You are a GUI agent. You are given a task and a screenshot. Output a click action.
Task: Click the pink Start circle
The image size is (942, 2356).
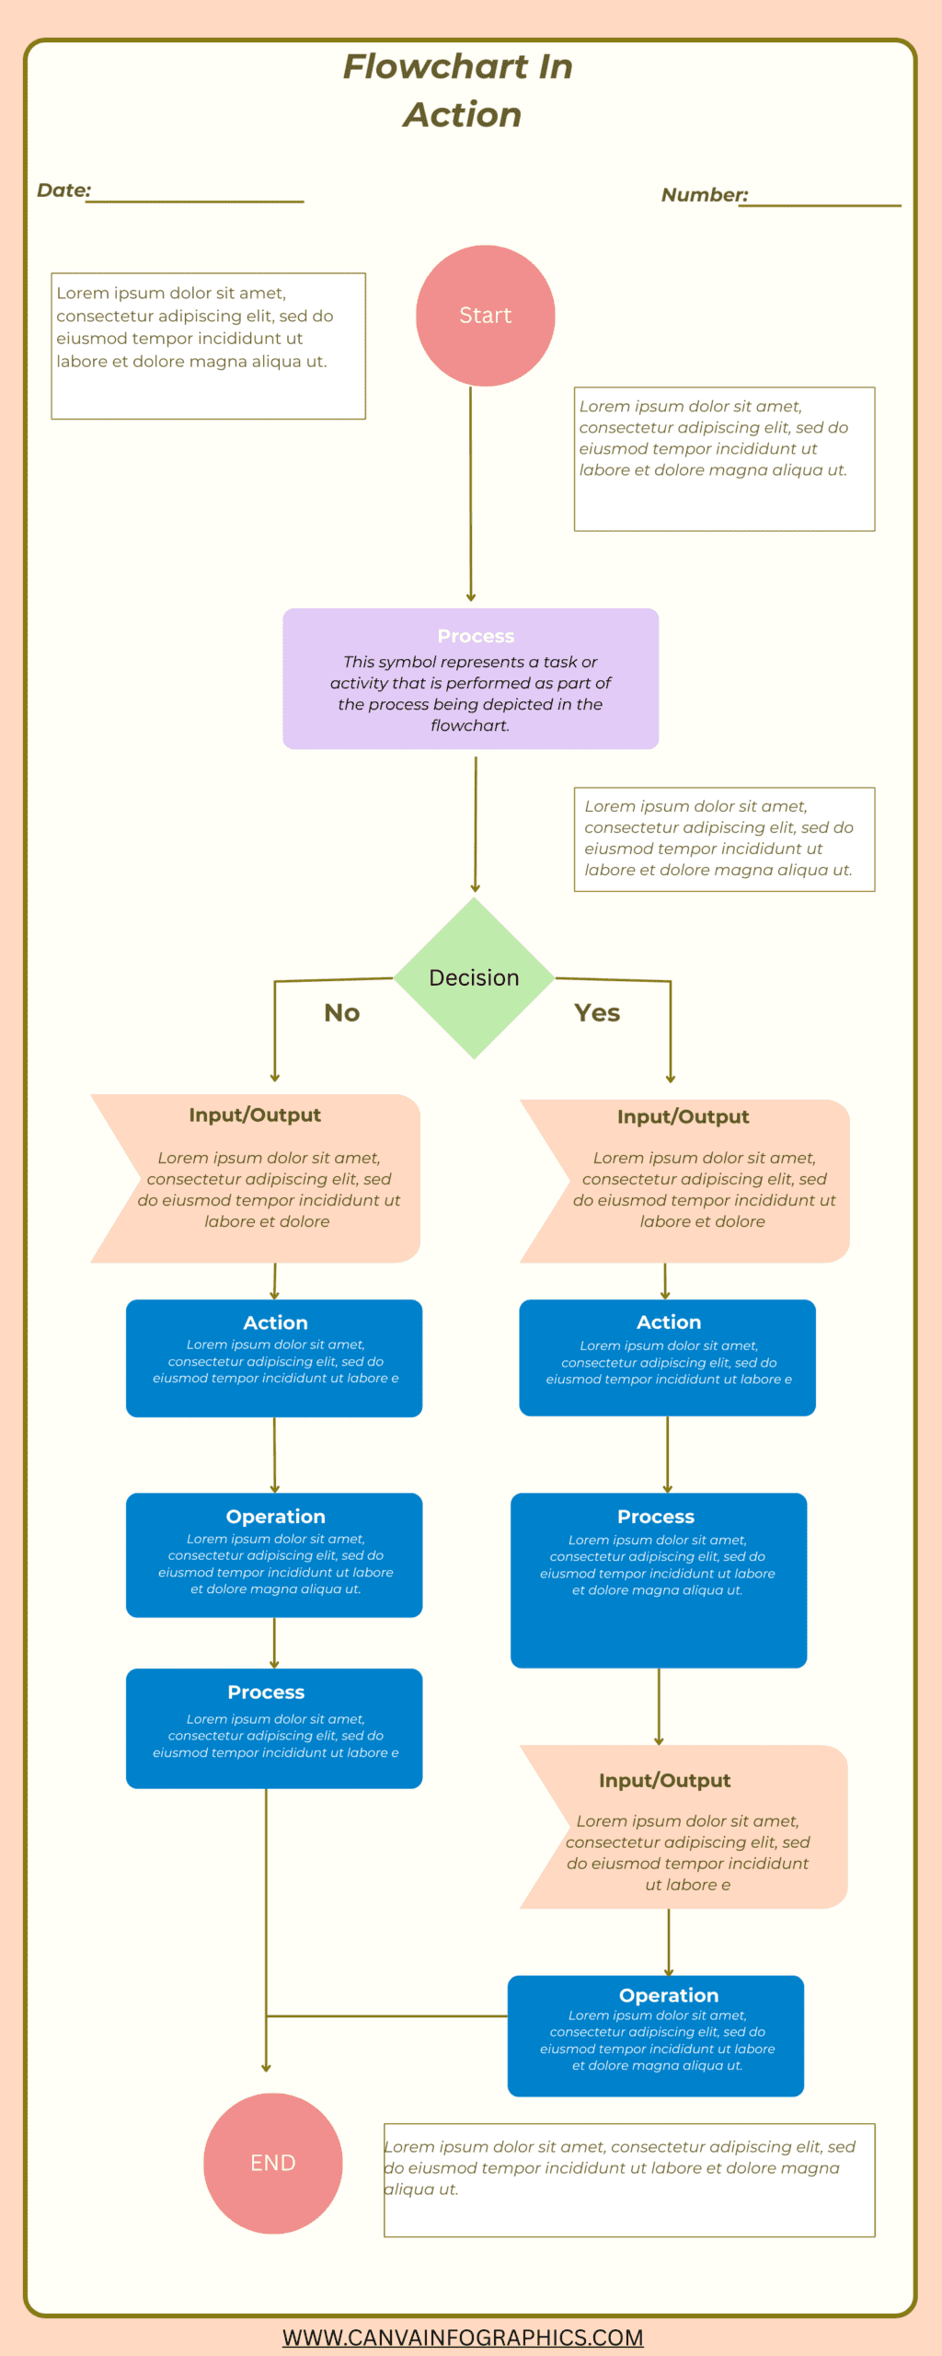click(485, 316)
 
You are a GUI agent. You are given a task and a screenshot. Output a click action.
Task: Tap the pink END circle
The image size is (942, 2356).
click(273, 2162)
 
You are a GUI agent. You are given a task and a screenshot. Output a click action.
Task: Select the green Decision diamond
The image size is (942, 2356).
click(474, 977)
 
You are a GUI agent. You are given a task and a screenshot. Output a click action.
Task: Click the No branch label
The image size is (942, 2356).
click(342, 1012)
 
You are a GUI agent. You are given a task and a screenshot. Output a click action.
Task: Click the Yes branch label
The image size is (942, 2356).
click(597, 1012)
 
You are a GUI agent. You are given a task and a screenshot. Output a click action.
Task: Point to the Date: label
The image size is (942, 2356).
click(64, 191)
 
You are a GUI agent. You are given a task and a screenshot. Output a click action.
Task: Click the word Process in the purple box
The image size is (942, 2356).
click(476, 636)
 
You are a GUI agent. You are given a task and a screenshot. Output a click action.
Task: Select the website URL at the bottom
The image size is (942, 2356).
click(463, 2337)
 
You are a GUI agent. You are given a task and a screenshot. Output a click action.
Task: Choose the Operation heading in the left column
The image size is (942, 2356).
click(275, 1516)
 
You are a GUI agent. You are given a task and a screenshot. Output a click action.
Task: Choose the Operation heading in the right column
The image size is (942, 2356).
click(669, 1994)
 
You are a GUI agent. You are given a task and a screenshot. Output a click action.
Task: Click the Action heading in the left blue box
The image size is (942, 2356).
click(275, 1322)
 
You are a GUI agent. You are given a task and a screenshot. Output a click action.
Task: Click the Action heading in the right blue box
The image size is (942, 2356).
click(669, 1322)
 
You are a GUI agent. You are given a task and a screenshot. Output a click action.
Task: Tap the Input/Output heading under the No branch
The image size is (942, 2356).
click(255, 1114)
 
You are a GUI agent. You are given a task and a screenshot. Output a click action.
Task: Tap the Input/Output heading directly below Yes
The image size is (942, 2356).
click(683, 1116)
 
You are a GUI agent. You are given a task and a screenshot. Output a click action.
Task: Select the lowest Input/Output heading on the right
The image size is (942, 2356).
click(664, 1780)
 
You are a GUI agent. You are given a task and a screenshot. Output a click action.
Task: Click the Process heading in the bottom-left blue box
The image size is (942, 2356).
click(266, 1692)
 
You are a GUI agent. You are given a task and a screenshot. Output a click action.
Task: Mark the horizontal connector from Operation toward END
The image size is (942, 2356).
click(386, 2015)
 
